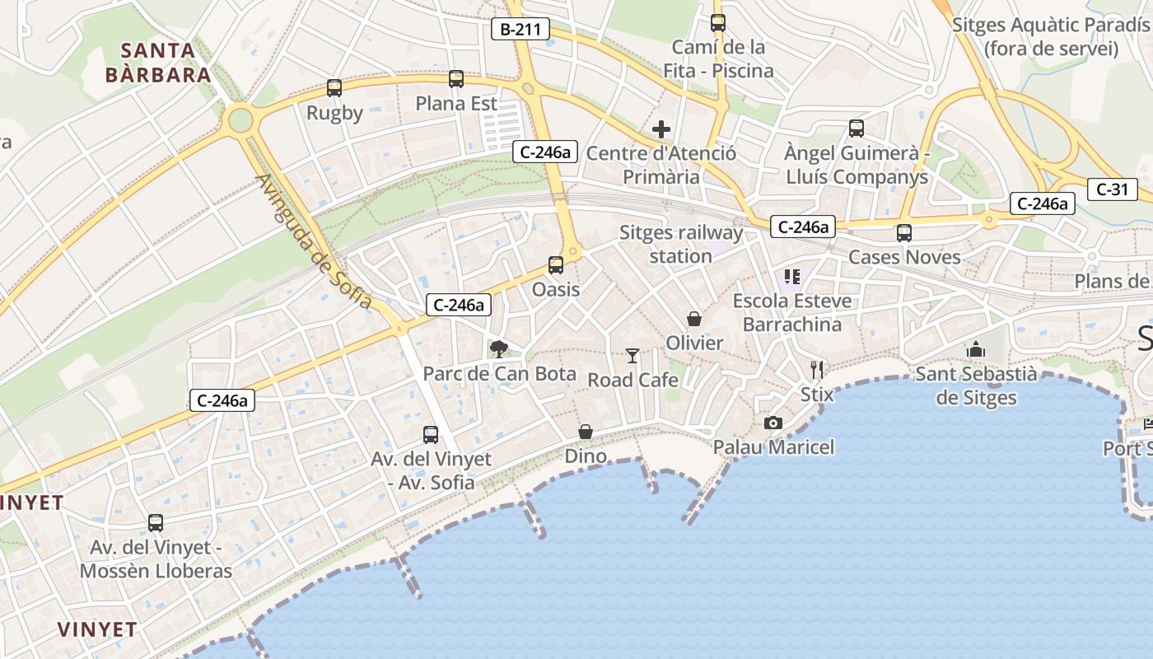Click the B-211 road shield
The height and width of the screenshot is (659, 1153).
[520, 30]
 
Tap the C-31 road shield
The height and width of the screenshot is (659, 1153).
[1112, 189]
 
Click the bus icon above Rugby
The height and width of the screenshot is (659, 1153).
[334, 88]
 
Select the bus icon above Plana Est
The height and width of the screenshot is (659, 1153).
[456, 79]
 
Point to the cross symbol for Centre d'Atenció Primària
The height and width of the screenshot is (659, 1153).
[661, 129]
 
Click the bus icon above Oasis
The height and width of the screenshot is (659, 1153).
[556, 265]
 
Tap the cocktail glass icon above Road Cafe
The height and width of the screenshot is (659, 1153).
[633, 356]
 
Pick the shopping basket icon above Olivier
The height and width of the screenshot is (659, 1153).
[694, 319]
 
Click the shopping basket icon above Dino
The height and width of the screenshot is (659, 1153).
[586, 432]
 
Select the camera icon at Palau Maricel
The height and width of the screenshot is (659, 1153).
[773, 423]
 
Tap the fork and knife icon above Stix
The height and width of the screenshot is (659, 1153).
[817, 369]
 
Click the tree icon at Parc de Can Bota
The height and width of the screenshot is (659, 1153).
[498, 349]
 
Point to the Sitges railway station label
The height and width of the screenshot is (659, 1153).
[681, 245]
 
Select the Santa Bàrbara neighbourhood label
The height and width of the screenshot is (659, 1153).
[158, 63]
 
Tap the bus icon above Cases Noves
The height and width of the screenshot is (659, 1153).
[904, 233]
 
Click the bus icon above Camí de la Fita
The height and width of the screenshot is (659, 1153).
[718, 23]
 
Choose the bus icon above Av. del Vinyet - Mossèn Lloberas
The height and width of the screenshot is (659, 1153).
[156, 523]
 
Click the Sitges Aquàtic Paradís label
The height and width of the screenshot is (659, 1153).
[1051, 36]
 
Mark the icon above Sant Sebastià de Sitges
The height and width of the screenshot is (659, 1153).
[976, 350]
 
